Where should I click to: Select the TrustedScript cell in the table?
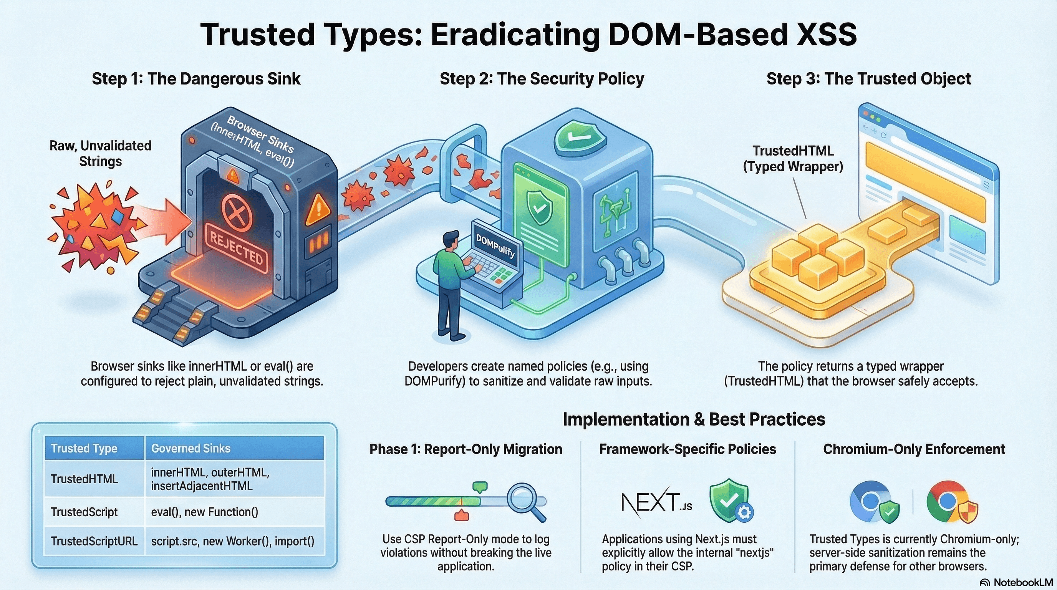[x=84, y=512]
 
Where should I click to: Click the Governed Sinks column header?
[x=191, y=448]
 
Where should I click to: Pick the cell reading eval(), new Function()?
[x=204, y=512]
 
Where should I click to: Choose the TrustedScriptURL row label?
[x=94, y=541]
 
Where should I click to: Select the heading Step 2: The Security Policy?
[x=542, y=79]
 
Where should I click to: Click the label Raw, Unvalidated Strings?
[x=101, y=153]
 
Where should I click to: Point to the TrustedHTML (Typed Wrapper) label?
[x=793, y=158]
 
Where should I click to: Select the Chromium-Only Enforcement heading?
[x=914, y=449]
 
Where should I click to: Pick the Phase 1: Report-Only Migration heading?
[x=466, y=449]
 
